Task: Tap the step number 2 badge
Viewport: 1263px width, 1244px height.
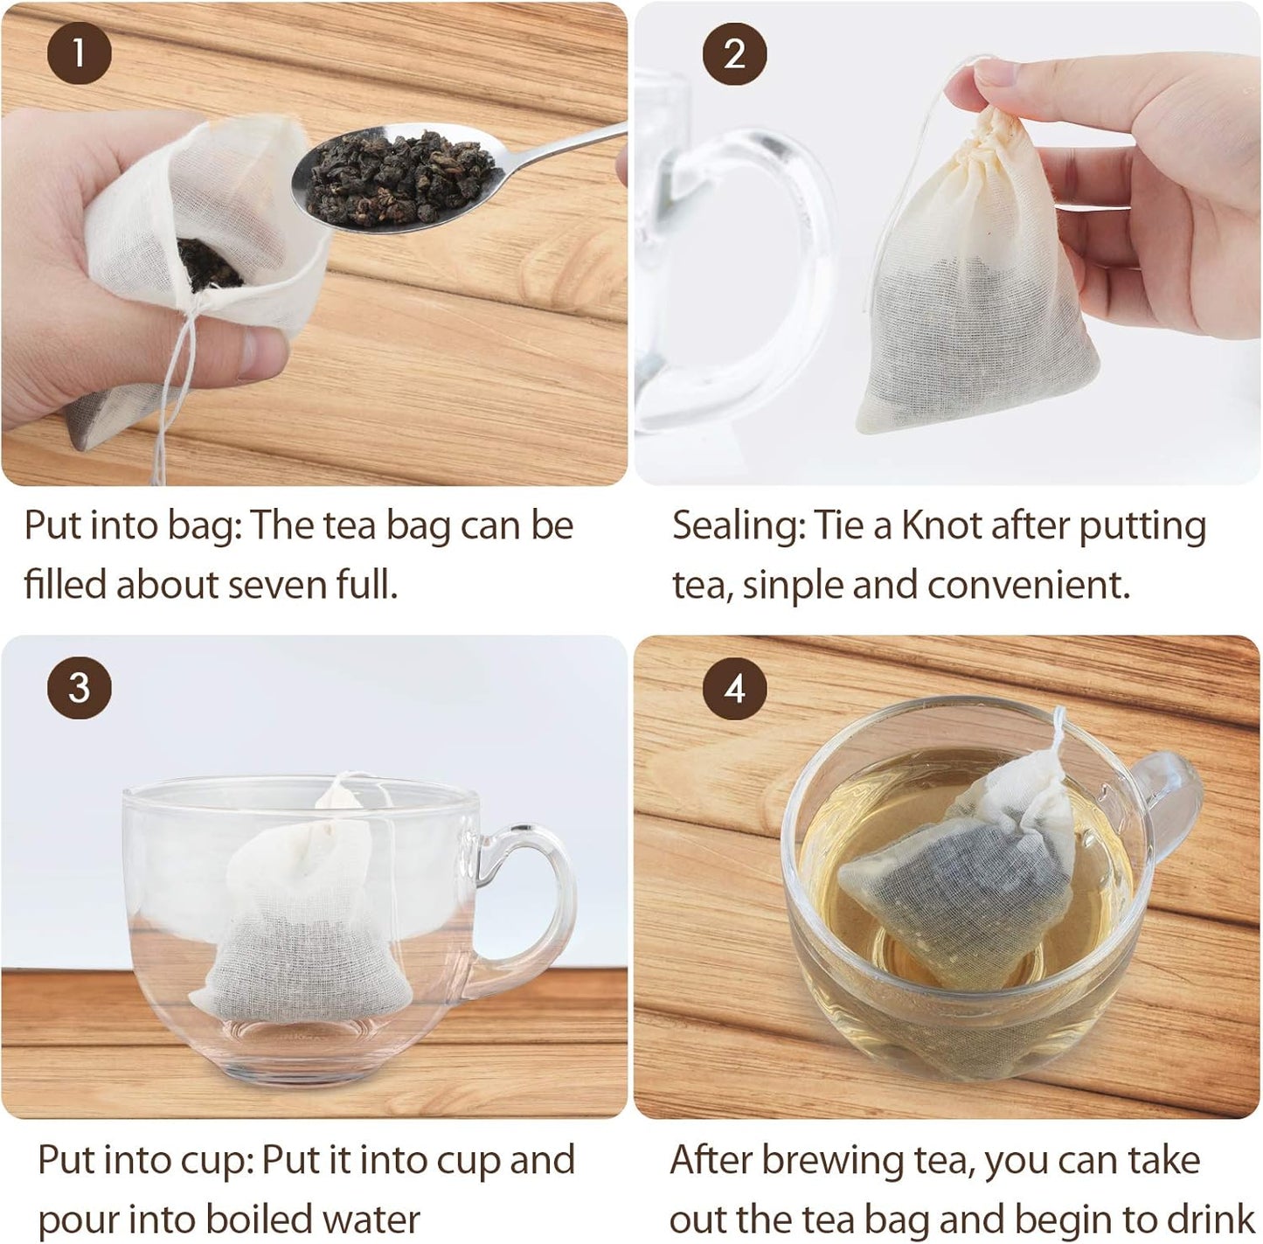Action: point(734,53)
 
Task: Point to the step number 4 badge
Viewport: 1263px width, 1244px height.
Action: point(734,688)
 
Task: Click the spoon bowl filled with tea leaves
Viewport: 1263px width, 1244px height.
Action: point(393,175)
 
